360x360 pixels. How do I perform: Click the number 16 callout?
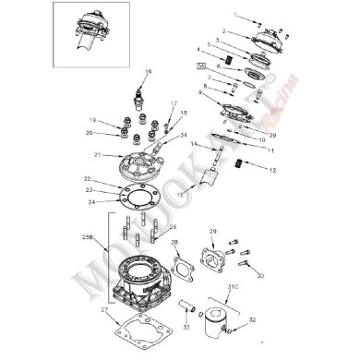coord(147,71)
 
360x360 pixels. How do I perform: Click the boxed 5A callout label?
coord(202,66)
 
